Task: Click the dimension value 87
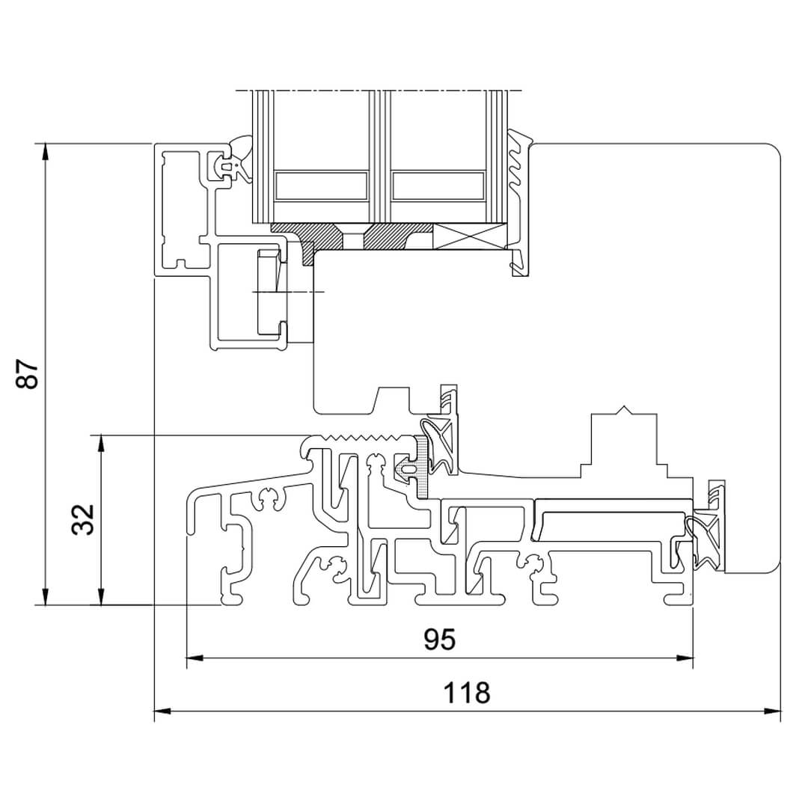pyautogui.click(x=28, y=374)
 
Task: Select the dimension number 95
pyautogui.click(x=440, y=640)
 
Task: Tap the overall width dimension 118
pyautogui.click(x=467, y=693)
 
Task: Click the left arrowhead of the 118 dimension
pyautogui.click(x=162, y=711)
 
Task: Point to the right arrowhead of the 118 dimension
pyautogui.click(x=772, y=711)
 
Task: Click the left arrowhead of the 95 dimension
pyautogui.click(x=195, y=658)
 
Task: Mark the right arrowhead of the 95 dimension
pyautogui.click(x=685, y=658)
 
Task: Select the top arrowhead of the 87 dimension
pyautogui.click(x=46, y=151)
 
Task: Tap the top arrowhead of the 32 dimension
pyautogui.click(x=102, y=443)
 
